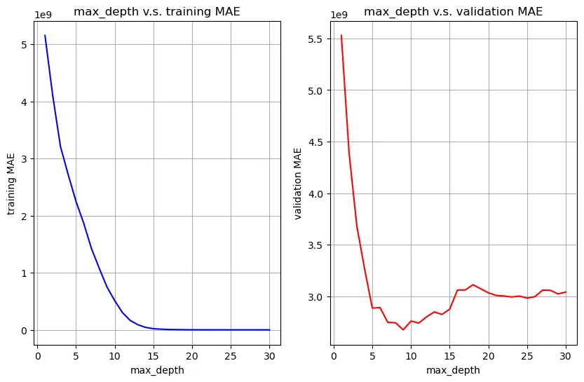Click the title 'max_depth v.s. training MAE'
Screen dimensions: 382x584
pyautogui.click(x=157, y=11)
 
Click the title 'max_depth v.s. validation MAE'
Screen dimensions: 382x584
pyautogui.click(x=452, y=11)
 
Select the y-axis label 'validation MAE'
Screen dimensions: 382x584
pyautogui.click(x=298, y=183)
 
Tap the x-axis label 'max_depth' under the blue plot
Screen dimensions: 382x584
pyautogui.click(x=157, y=370)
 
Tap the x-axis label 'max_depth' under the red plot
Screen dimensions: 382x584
pyautogui.click(x=453, y=370)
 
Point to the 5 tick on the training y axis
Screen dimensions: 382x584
pyautogui.click(x=25, y=45)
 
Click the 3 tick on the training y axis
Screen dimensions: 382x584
pyautogui.click(x=25, y=159)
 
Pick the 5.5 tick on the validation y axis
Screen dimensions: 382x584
pyautogui.click(x=315, y=39)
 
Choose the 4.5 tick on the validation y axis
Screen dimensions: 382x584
pyautogui.click(x=315, y=142)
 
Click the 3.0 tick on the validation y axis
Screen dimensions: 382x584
pyautogui.click(x=315, y=297)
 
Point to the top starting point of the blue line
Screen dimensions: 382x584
pyautogui.click(x=46, y=36)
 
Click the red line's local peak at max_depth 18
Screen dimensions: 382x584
pyautogui.click(x=473, y=285)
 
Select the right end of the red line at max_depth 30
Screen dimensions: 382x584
pyautogui.click(x=565, y=292)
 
